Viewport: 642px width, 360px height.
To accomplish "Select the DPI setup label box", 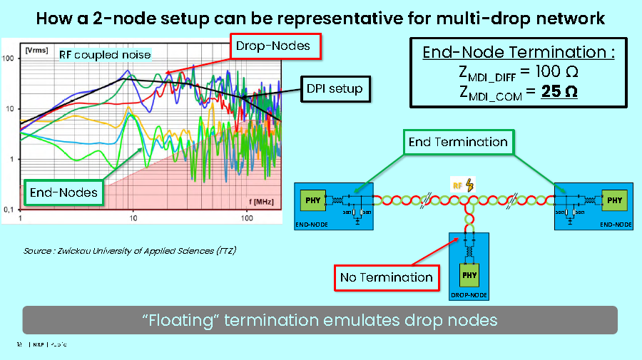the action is (x=335, y=89).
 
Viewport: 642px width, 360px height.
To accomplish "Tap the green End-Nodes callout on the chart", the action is (x=63, y=192).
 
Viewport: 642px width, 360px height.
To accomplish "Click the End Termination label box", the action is (x=457, y=142).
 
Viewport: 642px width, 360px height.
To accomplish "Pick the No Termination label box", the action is (x=386, y=277).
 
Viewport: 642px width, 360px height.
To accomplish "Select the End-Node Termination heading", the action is (x=519, y=52).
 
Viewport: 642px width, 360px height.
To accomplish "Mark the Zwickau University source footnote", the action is (x=130, y=251).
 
